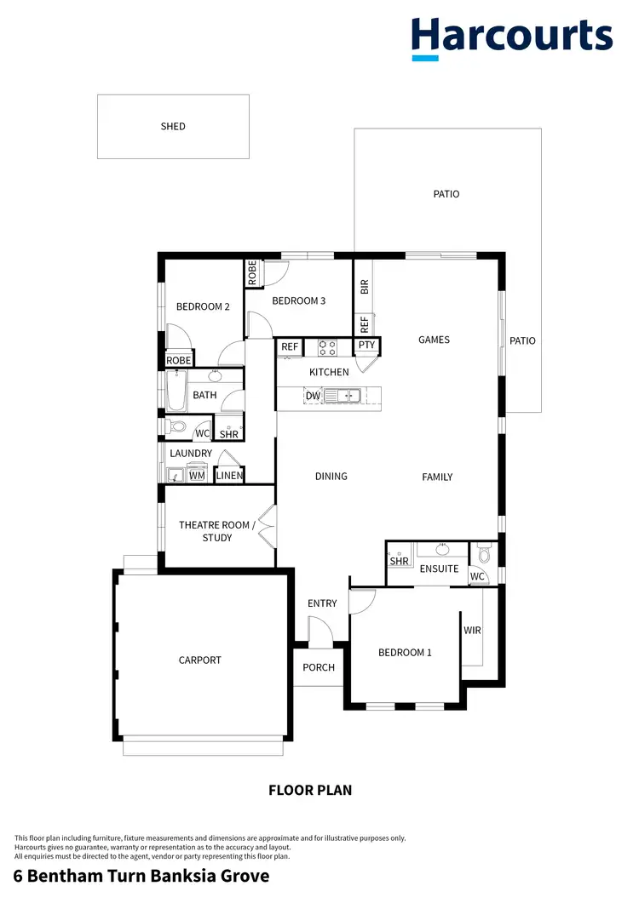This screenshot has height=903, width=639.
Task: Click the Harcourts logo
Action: click(x=512, y=37)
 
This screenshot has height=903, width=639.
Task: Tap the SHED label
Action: click(x=173, y=127)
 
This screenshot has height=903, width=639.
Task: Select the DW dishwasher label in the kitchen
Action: click(x=313, y=396)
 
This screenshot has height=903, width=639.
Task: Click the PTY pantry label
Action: click(x=366, y=345)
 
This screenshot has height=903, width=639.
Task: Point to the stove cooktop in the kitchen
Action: click(x=327, y=347)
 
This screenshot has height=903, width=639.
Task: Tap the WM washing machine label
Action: click(x=197, y=476)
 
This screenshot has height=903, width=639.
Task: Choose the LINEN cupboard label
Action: click(x=229, y=476)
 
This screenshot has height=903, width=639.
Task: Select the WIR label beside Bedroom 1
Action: click(x=473, y=631)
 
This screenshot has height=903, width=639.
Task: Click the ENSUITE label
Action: click(x=440, y=569)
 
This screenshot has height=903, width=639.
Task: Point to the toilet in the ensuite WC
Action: click(x=484, y=555)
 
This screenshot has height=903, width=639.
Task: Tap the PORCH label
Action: click(x=319, y=667)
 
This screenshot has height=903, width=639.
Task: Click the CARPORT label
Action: click(x=200, y=660)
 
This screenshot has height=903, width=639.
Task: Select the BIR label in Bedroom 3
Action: click(x=364, y=287)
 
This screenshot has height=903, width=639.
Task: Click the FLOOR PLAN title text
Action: click(x=310, y=790)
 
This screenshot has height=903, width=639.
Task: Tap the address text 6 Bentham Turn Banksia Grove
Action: click(x=141, y=876)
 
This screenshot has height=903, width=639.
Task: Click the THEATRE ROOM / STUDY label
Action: click(x=215, y=531)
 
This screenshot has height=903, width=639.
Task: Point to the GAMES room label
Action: click(x=434, y=340)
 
